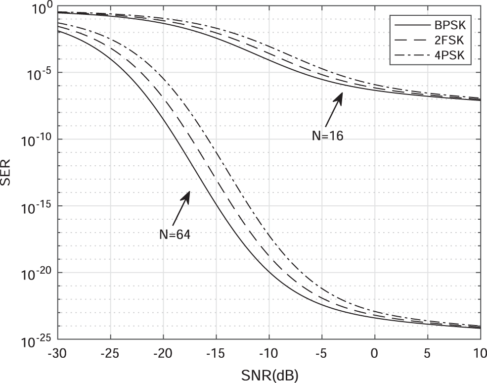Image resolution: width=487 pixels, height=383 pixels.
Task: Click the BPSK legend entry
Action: [455, 23]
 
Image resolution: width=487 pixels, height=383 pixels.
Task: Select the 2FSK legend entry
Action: [455, 41]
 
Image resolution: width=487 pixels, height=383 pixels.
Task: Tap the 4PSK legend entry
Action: [455, 57]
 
